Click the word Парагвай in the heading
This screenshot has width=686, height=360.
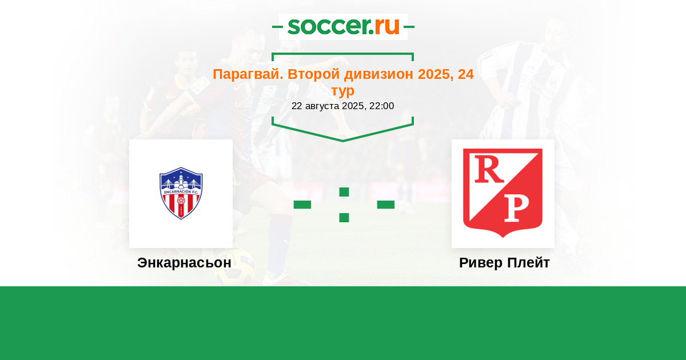click(248, 74)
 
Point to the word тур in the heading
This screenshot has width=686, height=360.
click(342, 91)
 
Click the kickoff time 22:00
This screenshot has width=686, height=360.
click(382, 106)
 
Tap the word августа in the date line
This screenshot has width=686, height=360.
click(322, 106)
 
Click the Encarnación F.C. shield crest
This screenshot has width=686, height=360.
click(181, 193)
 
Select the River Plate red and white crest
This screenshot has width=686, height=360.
click(503, 193)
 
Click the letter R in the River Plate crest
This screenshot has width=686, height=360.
click(489, 169)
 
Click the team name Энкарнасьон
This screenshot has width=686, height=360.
click(184, 263)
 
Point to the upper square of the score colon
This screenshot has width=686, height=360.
click(344, 192)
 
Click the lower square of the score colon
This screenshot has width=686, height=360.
click(344, 218)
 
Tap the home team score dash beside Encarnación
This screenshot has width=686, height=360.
click(302, 205)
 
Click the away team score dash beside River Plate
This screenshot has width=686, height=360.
click(386, 205)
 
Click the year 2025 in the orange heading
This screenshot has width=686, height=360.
click(436, 74)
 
